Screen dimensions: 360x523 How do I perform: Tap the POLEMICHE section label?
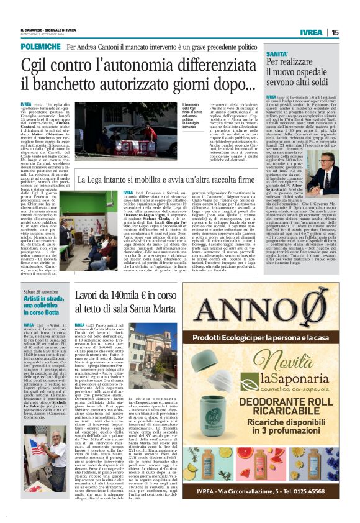[42, 47]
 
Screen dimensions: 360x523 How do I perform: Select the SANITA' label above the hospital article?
[277, 54]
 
